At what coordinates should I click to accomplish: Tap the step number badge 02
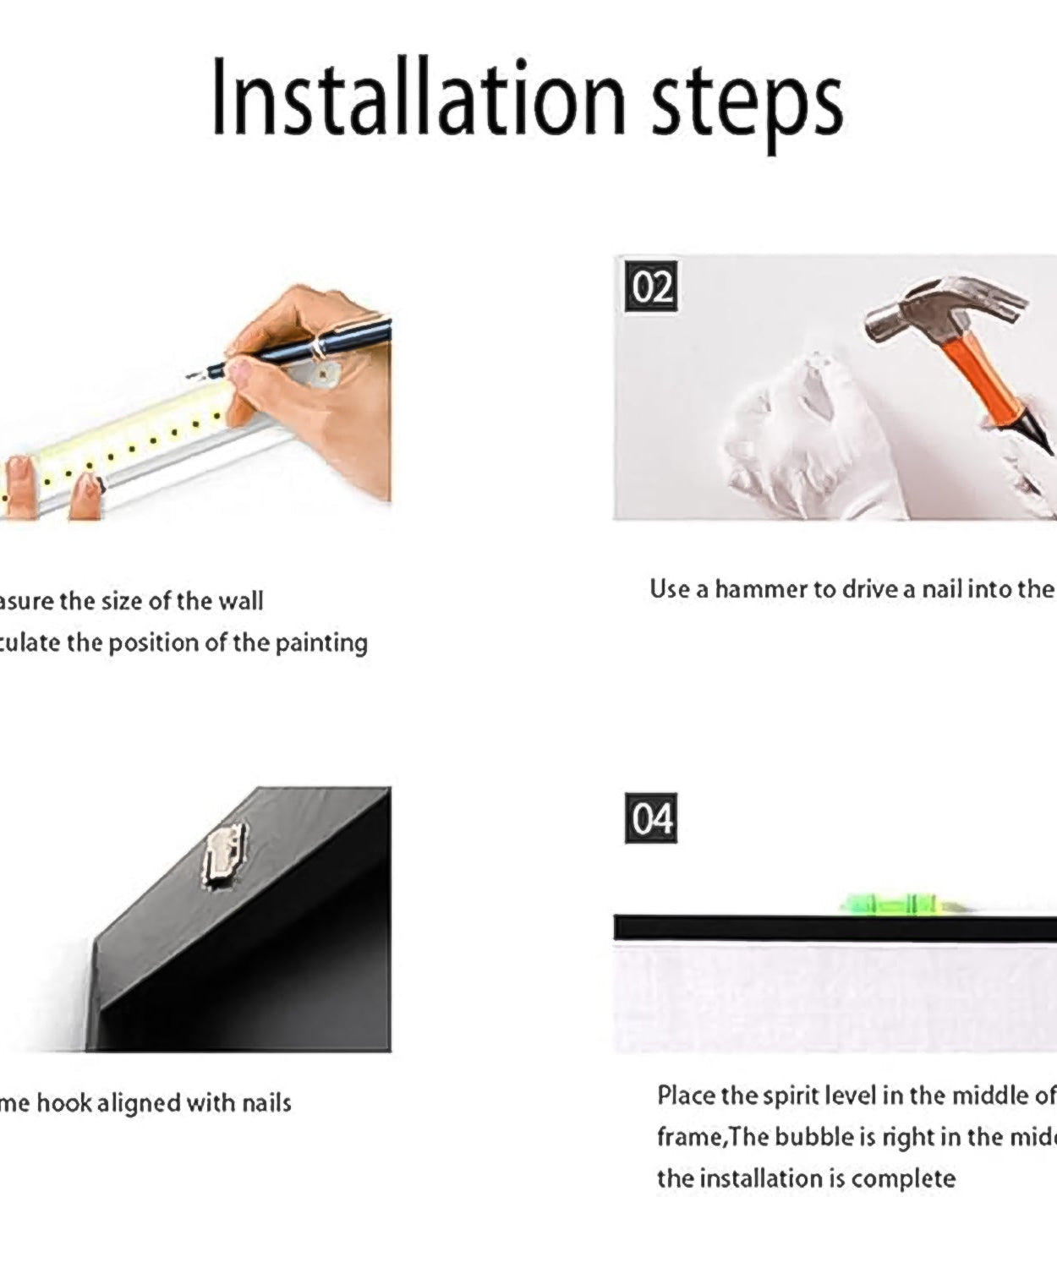[651, 287]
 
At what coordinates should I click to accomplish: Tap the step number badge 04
[651, 818]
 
